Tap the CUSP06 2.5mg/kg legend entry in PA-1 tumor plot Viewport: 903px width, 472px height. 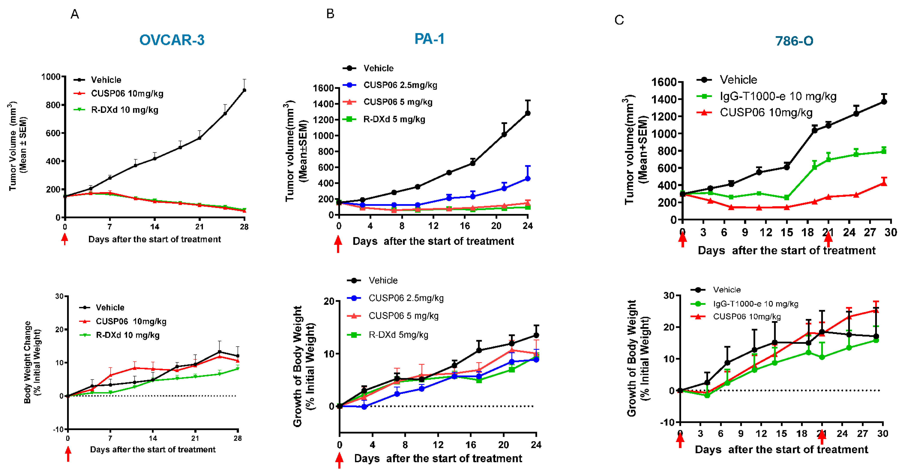point(400,85)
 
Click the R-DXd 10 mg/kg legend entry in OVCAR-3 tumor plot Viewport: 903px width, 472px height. point(124,110)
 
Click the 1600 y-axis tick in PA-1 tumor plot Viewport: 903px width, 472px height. point(323,88)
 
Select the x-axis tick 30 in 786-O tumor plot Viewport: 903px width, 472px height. point(890,232)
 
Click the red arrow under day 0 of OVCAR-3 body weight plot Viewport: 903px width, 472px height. point(68,454)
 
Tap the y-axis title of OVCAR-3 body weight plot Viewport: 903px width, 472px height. point(32,362)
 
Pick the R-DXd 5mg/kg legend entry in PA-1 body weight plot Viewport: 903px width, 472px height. point(398,335)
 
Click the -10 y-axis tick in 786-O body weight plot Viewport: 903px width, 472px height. point(667,423)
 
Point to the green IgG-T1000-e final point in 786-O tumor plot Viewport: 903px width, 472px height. point(884,151)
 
